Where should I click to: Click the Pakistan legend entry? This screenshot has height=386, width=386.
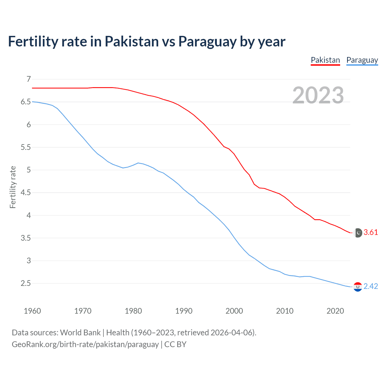(x=325, y=60)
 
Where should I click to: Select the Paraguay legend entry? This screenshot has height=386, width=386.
(x=362, y=60)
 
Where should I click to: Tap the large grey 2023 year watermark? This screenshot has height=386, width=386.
(x=318, y=95)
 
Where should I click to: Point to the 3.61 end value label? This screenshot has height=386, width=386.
(x=371, y=232)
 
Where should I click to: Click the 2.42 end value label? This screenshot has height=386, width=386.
(x=371, y=286)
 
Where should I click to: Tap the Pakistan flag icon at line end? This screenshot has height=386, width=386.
(x=358, y=233)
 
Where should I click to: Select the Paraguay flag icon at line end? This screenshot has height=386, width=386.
(x=358, y=287)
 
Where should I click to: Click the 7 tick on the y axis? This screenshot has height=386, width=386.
(x=29, y=79)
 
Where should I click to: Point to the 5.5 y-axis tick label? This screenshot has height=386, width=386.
(x=26, y=147)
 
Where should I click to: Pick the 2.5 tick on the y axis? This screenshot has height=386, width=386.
(x=26, y=283)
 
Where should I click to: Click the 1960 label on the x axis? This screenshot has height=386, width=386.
(x=32, y=311)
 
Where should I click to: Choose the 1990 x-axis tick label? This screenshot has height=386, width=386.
(x=184, y=311)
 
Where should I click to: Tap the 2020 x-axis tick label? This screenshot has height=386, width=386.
(x=335, y=311)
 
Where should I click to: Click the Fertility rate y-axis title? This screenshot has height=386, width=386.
(x=13, y=187)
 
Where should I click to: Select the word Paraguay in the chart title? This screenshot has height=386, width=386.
(x=207, y=42)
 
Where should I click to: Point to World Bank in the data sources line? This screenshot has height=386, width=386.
(x=80, y=333)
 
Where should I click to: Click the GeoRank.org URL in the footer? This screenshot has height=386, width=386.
(x=85, y=344)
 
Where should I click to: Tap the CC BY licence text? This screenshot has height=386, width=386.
(x=175, y=344)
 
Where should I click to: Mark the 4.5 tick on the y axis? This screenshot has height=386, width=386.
(x=26, y=192)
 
